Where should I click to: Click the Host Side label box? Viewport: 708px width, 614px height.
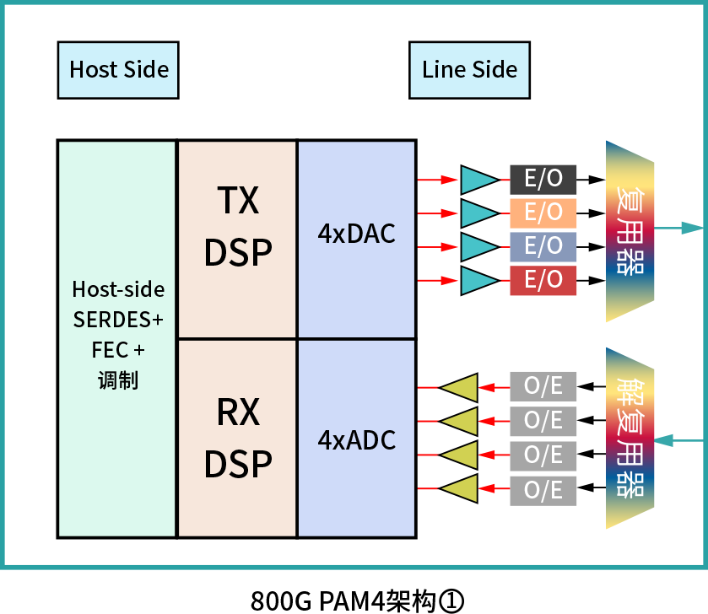pyautogui.click(x=118, y=70)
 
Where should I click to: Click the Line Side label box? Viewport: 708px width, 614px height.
pyautogui.click(x=469, y=70)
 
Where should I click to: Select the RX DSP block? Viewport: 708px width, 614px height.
pyautogui.click(x=237, y=438)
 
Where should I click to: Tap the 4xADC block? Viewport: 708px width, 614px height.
pyautogui.click(x=356, y=438)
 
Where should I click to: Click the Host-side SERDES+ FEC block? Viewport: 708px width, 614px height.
pyautogui.click(x=117, y=338)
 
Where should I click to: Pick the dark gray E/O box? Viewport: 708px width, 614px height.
pyautogui.click(x=543, y=179)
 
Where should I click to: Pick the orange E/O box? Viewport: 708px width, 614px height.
pyautogui.click(x=543, y=213)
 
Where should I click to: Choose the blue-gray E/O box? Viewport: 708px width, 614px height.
pyautogui.click(x=543, y=246)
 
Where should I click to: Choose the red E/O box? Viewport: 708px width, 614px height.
pyautogui.click(x=543, y=280)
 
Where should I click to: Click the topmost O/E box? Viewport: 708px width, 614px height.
pyautogui.click(x=543, y=386)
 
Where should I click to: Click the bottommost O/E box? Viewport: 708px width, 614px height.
pyautogui.click(x=543, y=490)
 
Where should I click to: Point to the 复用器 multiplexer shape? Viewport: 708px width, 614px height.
pyautogui.click(x=630, y=231)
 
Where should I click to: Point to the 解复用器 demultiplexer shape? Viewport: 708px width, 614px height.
pyautogui.click(x=630, y=438)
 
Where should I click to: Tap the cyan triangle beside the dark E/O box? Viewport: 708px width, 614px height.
pyautogui.click(x=478, y=180)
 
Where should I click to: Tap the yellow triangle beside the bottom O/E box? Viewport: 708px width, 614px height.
pyautogui.click(x=461, y=488)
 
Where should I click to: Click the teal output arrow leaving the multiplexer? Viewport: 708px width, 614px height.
pyautogui.click(x=680, y=228)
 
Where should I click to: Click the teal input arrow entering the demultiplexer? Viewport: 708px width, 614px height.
pyautogui.click(x=678, y=440)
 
